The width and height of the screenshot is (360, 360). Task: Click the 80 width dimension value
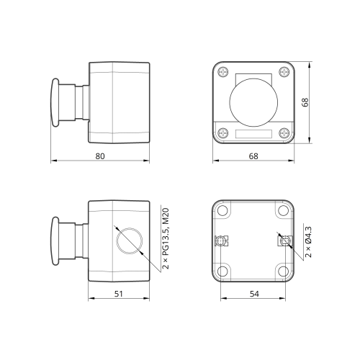(x=100, y=156)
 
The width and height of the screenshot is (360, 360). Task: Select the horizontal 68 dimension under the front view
(x=253, y=156)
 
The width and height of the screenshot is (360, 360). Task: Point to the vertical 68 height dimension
(x=305, y=102)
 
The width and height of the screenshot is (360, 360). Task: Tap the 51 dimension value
(x=119, y=294)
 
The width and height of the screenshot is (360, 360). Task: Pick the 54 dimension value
(x=254, y=294)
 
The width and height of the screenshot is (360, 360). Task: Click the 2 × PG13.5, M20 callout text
(x=166, y=238)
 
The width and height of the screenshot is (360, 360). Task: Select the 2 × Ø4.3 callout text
(x=308, y=242)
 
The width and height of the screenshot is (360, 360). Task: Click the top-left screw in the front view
(x=223, y=72)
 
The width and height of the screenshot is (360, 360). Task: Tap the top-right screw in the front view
(x=284, y=72)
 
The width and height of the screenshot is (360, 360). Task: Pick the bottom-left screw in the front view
(x=223, y=133)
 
